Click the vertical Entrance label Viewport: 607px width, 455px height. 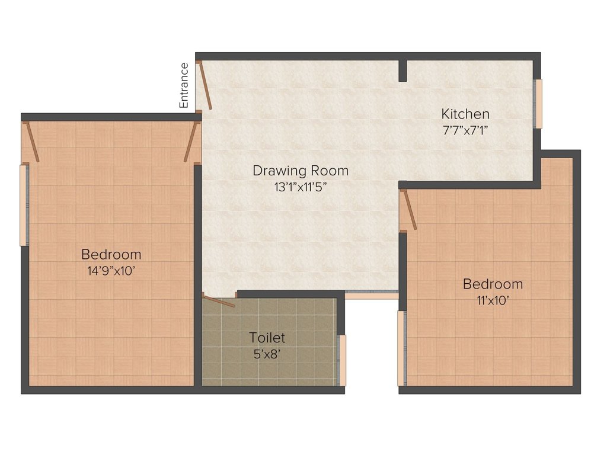tap(184, 85)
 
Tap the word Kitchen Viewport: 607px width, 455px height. tap(465, 114)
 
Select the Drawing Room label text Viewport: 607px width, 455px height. tap(301, 171)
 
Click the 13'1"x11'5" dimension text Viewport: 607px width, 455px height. tap(301, 187)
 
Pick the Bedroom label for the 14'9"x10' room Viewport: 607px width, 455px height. tap(111, 255)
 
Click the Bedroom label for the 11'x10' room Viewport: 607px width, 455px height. tap(493, 284)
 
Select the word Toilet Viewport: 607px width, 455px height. tap(267, 338)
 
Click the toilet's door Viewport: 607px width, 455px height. tap(219, 300)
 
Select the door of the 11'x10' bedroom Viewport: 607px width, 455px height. tap(408, 210)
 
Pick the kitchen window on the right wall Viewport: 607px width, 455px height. tap(538, 104)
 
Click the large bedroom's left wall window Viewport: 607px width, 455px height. tap(23, 205)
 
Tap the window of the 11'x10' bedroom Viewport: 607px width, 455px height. tap(400, 348)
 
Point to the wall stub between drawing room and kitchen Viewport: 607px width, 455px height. tap(402, 71)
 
